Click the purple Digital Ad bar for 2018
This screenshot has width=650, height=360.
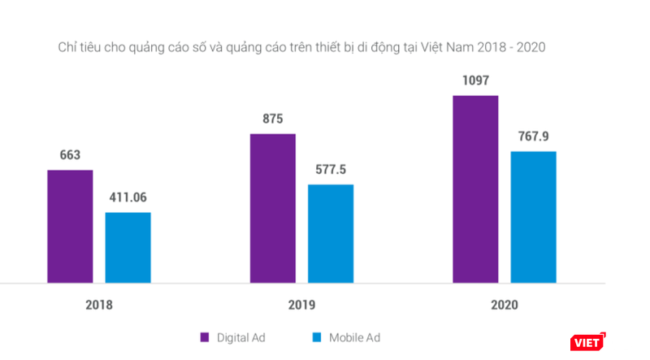[x=70, y=226]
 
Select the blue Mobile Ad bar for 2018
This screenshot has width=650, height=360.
[x=128, y=247]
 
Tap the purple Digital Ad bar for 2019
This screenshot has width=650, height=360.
[x=273, y=208]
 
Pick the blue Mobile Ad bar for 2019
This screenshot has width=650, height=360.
[x=331, y=233]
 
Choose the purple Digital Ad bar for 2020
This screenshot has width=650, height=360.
[x=475, y=189]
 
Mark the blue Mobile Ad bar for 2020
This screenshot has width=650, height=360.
[x=533, y=217]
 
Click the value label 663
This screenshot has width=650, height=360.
[x=70, y=155]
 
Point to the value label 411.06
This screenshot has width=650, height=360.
[x=128, y=197]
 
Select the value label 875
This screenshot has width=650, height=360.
[x=273, y=119]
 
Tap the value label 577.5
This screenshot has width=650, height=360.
[x=331, y=170]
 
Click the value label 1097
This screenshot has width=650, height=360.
[x=475, y=80]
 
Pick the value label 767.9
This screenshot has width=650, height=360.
[x=533, y=137]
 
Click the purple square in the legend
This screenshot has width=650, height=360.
[x=205, y=337]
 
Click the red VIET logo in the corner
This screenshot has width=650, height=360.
[x=587, y=342]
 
